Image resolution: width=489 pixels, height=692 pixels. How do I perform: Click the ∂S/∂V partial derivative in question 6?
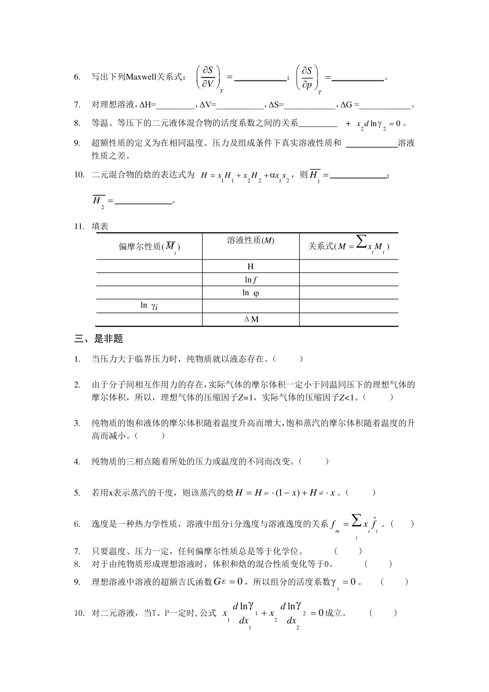(209, 77)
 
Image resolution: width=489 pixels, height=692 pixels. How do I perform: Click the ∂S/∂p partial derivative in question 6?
(307, 77)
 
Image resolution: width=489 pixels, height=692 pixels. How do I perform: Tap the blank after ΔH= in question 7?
(175, 105)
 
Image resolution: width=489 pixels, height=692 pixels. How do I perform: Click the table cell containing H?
(251, 267)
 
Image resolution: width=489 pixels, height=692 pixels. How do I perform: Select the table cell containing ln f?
(251, 280)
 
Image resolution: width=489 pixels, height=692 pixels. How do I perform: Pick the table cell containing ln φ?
(251, 293)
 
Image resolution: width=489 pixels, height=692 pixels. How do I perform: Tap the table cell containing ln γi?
(149, 306)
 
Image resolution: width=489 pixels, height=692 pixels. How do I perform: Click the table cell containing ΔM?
(251, 319)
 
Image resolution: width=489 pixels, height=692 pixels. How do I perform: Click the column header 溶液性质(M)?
(251, 240)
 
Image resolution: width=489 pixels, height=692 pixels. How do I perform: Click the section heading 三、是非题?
(99, 339)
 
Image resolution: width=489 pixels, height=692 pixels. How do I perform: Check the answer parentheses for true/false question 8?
(378, 564)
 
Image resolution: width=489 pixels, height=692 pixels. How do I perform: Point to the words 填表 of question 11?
(100, 226)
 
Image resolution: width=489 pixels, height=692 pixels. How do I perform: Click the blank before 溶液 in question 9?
(372, 143)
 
